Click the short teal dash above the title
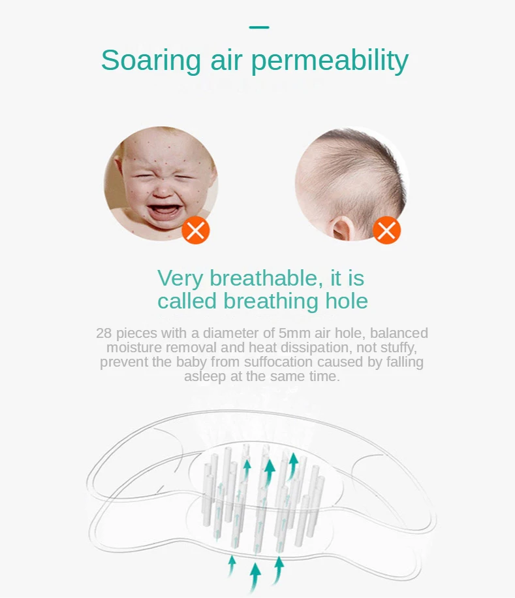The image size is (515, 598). point(259,27)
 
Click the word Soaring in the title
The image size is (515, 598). point(151,60)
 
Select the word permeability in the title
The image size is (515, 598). point(330,61)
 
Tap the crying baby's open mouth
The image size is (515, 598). point(164,212)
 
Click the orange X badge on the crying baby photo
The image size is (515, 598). point(196,230)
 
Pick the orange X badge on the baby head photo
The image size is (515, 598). point(386,230)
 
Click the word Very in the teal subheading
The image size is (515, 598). point(180,278)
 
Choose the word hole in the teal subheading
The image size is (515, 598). point(347,301)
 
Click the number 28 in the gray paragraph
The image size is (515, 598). point(104,333)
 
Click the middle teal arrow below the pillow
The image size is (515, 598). point(255,577)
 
